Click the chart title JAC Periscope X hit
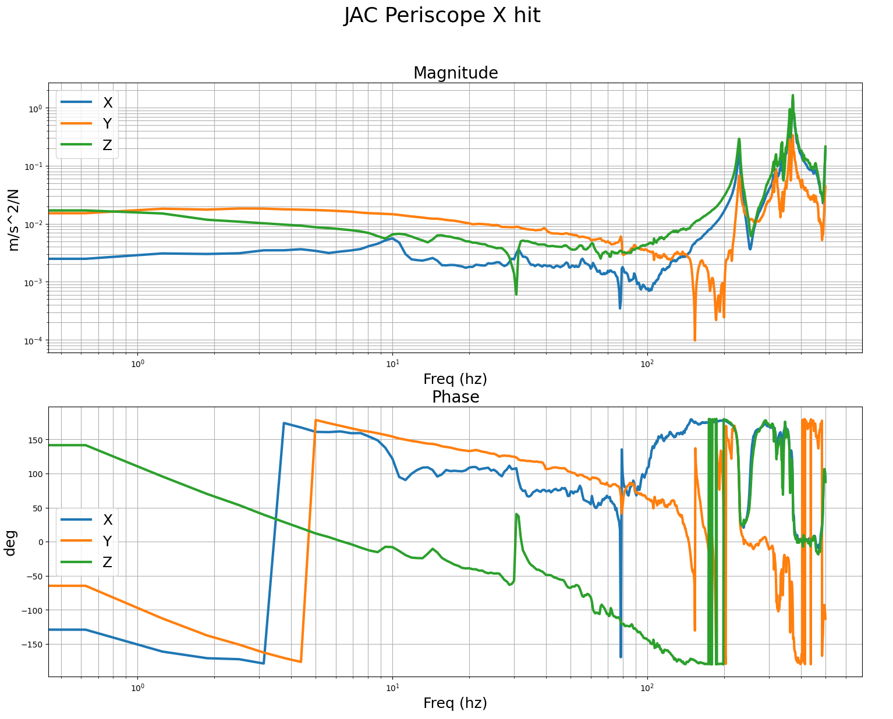click(x=442, y=16)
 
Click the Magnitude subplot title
click(x=455, y=73)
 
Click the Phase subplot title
click(x=455, y=397)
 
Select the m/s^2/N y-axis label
click(x=14, y=220)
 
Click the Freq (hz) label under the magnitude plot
click(x=455, y=379)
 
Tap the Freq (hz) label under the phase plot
click(x=455, y=703)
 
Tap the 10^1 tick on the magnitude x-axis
click(x=392, y=364)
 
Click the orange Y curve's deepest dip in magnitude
click(x=694, y=339)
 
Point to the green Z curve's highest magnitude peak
click(x=792, y=96)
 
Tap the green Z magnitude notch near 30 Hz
click(x=516, y=293)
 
